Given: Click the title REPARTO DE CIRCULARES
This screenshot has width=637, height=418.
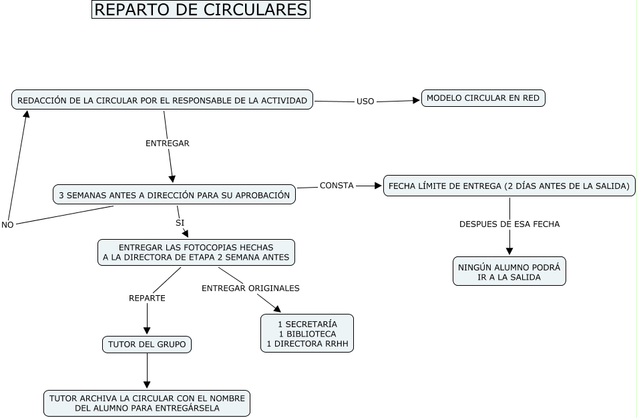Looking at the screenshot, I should click(201, 10).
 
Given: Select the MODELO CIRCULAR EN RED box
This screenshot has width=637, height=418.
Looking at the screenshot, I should click(483, 98).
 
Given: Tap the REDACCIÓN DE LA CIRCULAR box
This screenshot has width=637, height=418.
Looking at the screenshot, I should click(162, 100).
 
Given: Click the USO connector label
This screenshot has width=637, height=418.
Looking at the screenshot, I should click(365, 101).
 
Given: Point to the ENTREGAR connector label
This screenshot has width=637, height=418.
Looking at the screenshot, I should click(168, 143).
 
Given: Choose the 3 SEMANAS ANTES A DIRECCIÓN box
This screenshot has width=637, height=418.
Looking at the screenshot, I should click(174, 195).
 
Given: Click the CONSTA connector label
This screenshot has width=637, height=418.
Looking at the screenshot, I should click(337, 186).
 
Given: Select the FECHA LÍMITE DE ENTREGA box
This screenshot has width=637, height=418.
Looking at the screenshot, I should click(509, 186).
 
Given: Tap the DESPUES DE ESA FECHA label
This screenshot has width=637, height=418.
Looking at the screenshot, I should click(509, 224).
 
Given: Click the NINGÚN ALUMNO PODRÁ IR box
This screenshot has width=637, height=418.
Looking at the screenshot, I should click(509, 271).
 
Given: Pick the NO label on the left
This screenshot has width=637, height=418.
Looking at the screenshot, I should click(7, 225).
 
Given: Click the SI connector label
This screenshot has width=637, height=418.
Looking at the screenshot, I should click(180, 222).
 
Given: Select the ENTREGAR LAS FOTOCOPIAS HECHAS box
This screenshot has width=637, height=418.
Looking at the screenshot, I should click(196, 252).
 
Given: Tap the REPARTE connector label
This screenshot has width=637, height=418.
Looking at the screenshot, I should click(147, 298).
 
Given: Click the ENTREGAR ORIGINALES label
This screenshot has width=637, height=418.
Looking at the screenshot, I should click(250, 288).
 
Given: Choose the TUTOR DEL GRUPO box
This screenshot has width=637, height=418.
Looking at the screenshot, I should click(147, 345).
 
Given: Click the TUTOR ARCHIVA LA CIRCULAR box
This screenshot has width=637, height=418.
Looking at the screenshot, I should click(147, 403).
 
